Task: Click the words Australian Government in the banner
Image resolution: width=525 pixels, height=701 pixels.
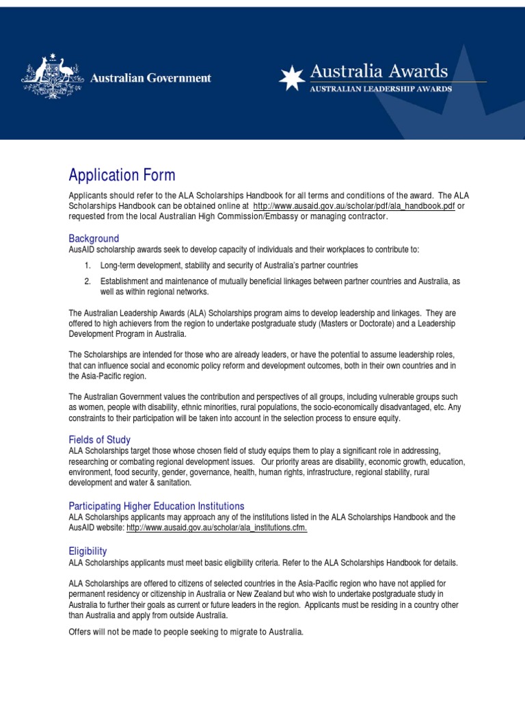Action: click(151, 78)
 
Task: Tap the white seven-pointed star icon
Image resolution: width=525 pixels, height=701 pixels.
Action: click(291, 79)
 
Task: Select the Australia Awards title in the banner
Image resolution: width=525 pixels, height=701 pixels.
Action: click(379, 71)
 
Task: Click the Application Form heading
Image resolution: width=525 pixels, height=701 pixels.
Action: click(122, 175)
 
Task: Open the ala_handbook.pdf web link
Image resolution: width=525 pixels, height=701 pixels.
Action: click(353, 205)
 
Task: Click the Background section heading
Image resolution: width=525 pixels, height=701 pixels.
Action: click(94, 238)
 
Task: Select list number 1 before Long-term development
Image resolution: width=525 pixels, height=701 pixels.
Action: click(87, 265)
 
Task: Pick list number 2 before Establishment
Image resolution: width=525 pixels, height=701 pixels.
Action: click(87, 281)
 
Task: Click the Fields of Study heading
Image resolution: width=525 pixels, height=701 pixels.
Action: click(99, 439)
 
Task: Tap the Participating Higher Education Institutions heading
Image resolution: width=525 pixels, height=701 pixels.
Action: click(156, 505)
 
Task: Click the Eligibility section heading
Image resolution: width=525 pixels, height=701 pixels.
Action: click(87, 550)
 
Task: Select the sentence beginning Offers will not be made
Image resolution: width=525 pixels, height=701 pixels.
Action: click(185, 631)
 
